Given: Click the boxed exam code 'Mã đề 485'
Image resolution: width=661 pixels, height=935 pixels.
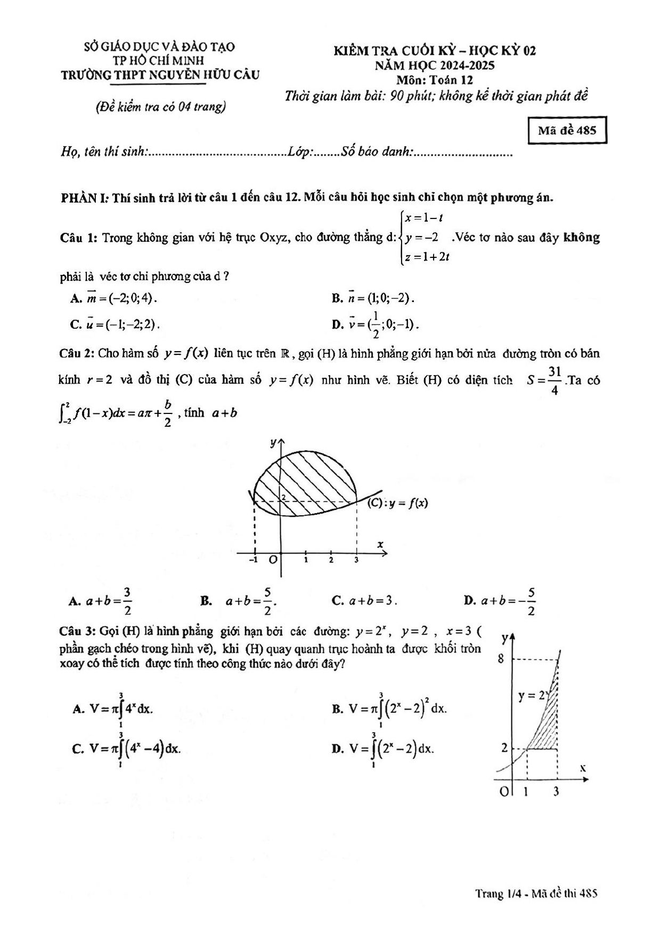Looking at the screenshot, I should (567, 131).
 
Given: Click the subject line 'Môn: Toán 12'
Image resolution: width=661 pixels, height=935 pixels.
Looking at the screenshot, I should (435, 80).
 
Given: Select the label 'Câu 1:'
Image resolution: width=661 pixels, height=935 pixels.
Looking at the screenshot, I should (78, 238).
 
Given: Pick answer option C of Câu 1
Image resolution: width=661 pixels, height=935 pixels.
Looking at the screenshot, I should (116, 324).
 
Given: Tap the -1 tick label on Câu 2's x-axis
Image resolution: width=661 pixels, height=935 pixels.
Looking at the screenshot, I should (254, 560).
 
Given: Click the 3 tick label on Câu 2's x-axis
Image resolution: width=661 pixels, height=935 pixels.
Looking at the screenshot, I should (356, 560).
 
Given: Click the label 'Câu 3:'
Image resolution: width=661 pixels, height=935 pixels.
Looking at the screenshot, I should (77, 632).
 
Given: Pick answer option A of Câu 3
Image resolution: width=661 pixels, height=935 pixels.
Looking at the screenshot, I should (113, 709).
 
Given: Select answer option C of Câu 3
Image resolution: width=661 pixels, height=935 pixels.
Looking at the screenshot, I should (127, 749).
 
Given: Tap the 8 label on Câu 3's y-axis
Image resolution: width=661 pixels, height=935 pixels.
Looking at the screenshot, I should (501, 659).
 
